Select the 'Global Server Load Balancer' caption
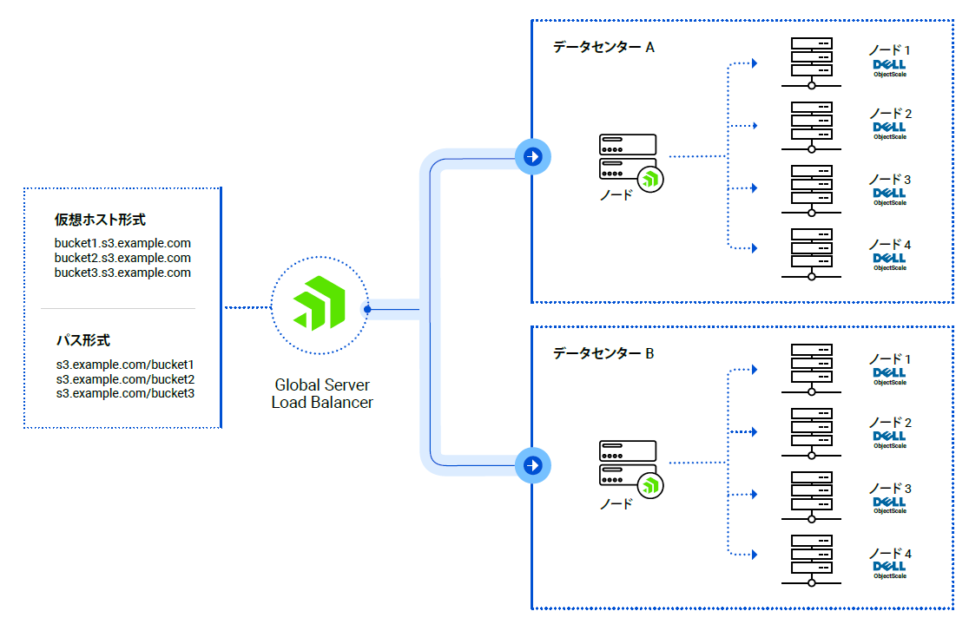[322, 393]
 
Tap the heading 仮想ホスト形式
[100, 220]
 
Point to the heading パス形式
[83, 341]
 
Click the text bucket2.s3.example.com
[122, 258]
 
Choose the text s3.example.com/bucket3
[125, 393]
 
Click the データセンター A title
[603, 47]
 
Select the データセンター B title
[603, 353]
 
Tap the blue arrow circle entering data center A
[532, 157]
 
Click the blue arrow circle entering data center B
[532, 465]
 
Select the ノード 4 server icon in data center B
[812, 559]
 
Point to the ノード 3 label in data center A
[890, 180]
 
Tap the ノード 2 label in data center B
[890, 423]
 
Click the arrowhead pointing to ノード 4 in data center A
[755, 248]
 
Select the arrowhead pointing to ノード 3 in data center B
[755, 495]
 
